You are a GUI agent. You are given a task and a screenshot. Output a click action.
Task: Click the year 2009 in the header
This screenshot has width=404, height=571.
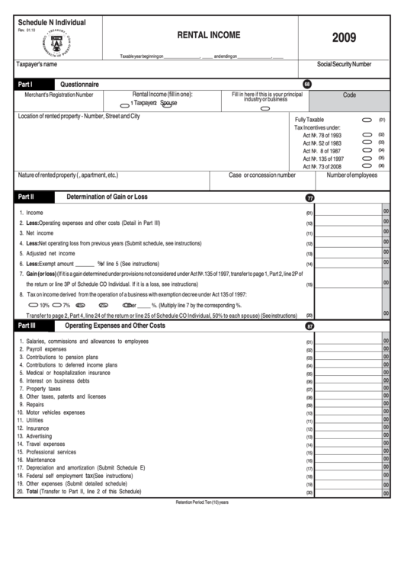343,37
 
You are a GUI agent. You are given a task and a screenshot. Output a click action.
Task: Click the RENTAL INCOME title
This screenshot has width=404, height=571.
208,35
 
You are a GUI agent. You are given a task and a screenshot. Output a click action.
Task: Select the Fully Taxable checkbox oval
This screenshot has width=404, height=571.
367,120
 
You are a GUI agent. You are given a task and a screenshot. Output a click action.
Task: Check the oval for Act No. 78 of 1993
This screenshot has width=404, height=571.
367,134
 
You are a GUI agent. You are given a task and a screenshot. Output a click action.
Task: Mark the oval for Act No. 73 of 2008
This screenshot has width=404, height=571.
367,165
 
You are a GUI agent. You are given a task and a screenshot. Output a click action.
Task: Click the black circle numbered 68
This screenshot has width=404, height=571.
307,83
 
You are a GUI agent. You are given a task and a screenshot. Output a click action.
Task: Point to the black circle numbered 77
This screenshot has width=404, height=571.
309,197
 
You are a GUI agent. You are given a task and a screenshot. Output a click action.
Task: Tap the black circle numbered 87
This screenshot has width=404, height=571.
309,326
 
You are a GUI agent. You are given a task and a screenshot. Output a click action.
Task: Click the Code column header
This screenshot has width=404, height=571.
349,95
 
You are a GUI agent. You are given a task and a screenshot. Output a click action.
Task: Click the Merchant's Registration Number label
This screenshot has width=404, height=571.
59,95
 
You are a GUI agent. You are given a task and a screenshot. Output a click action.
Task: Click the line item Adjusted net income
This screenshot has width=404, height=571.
50,253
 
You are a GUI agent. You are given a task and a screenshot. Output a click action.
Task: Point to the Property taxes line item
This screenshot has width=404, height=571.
43,389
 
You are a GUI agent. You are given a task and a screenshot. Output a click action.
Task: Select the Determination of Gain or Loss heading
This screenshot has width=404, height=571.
107,197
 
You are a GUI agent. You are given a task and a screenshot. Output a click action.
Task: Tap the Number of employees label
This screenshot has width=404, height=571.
352,175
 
